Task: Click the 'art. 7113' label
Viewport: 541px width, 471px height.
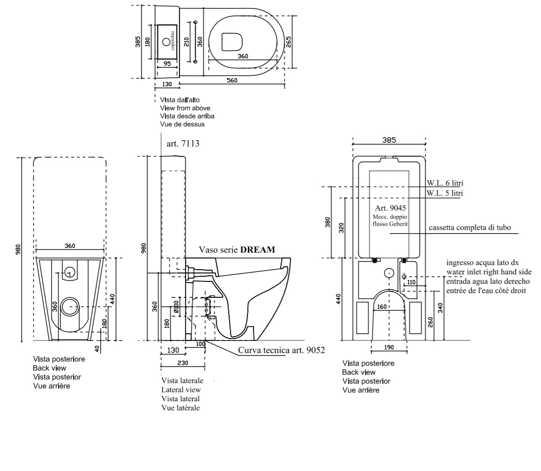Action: tap(183, 143)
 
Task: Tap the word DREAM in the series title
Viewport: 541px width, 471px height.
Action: tap(258, 250)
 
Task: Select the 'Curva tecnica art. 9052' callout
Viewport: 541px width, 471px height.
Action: tap(282, 350)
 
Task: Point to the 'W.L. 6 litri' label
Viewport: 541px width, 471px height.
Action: tap(445, 183)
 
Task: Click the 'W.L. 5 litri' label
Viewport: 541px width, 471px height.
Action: tap(445, 193)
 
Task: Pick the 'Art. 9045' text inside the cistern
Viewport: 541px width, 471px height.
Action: tap(390, 208)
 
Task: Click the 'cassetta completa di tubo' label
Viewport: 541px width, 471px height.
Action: tap(470, 228)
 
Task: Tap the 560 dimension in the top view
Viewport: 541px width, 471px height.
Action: tap(232, 81)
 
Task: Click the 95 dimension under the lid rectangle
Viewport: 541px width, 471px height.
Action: tap(167, 64)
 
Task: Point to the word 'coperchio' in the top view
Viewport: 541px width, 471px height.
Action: tap(172, 41)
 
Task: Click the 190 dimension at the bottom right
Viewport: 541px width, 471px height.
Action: tap(389, 347)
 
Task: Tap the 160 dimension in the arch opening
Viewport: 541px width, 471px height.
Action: tap(382, 307)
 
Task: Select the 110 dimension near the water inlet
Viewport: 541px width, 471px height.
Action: tap(411, 282)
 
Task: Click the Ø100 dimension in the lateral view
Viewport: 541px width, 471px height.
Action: tap(176, 307)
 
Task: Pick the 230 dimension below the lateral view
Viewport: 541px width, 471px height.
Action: tap(183, 363)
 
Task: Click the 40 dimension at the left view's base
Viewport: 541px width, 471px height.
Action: tap(97, 349)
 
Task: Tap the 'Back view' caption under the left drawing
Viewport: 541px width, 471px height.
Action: tap(50, 368)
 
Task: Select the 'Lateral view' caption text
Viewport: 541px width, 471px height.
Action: tap(181, 390)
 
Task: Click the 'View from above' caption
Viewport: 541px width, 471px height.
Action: tap(185, 108)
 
